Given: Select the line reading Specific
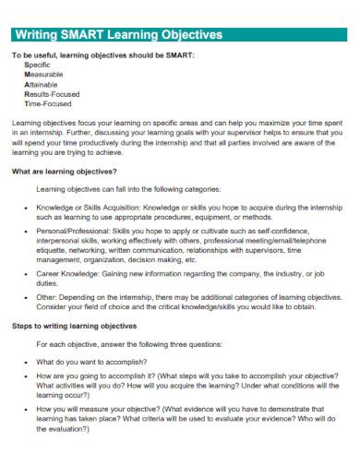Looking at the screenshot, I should [x=38, y=66].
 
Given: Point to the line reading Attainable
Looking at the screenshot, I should [x=42, y=84].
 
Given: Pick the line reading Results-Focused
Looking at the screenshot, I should [x=52, y=93].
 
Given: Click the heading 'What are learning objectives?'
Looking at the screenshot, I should [x=65, y=172].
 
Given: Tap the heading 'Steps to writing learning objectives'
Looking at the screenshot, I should [x=75, y=326].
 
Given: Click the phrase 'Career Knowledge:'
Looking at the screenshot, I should [x=66, y=275].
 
